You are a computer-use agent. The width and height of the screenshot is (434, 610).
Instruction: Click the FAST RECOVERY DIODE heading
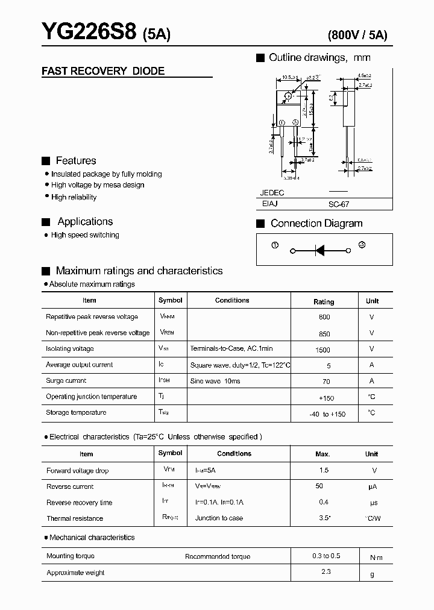(x=103, y=71)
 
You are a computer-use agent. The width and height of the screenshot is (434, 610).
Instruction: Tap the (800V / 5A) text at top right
(x=357, y=35)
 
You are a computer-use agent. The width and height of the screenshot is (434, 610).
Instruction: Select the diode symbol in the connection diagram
(x=320, y=250)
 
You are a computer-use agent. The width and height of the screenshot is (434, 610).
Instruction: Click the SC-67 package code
(x=339, y=205)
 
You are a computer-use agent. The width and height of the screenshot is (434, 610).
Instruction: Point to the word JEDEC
(x=272, y=193)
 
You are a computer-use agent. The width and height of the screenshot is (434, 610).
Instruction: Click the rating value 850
(x=324, y=333)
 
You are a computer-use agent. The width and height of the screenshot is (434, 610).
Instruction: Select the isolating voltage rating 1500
(x=322, y=350)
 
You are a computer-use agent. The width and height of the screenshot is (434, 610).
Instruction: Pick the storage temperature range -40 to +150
(x=327, y=414)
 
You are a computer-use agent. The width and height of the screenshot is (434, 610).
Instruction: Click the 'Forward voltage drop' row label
(x=77, y=471)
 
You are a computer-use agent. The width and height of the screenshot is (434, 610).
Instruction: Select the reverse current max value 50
(x=319, y=486)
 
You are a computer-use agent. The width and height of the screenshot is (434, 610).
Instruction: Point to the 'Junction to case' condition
(x=219, y=518)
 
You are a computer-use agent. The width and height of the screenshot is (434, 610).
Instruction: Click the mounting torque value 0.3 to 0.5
(x=326, y=556)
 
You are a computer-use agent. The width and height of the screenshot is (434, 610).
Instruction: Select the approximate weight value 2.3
(x=326, y=571)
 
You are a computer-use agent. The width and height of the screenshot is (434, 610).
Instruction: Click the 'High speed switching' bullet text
(x=85, y=235)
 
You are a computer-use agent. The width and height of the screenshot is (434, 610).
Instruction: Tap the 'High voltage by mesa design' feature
(x=98, y=185)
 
